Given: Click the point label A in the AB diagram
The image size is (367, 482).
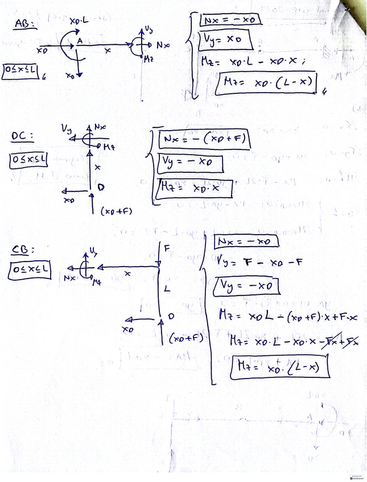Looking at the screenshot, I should coord(80,40).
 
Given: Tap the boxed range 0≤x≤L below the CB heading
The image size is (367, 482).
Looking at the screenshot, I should coord(30,271).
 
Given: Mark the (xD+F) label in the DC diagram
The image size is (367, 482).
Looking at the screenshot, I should coord(116,211).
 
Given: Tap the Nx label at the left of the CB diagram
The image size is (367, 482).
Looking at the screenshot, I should coord(70,277).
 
